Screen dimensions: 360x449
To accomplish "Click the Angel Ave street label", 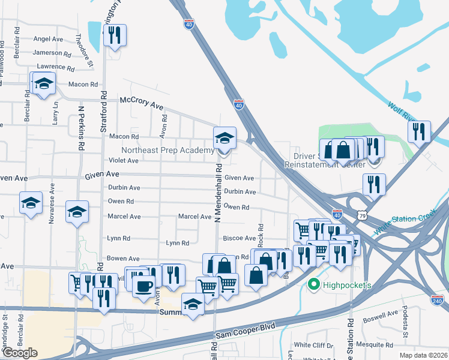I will point(49,39).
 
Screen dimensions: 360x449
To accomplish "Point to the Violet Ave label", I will point(123,161).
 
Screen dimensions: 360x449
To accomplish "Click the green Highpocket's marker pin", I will point(312,284).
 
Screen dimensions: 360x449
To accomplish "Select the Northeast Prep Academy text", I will point(167,150).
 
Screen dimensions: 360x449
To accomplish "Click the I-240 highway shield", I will point(438,298).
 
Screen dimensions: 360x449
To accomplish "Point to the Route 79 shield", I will point(361,214).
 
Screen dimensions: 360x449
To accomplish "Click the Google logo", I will point(20,353).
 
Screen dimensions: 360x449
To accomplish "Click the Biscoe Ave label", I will point(240,238).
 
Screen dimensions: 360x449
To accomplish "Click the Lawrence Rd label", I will point(55,67).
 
